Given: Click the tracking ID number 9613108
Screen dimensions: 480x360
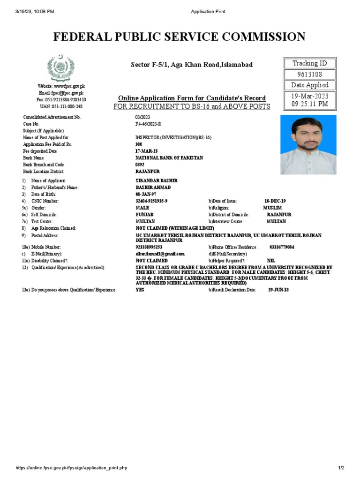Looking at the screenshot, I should tap(310, 75).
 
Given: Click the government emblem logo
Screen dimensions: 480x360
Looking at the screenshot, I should tap(60, 68).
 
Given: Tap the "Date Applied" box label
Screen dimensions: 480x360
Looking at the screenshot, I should tap(310, 85).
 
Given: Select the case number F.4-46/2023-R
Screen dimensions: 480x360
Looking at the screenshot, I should tap(148, 124).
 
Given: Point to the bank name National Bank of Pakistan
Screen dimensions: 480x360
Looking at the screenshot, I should tap(169, 158).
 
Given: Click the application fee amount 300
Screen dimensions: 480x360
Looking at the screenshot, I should tap(139, 144).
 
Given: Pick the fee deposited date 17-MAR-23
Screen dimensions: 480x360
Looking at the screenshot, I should tap(146, 151).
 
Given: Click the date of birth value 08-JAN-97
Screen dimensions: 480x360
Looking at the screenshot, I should tap(145, 194).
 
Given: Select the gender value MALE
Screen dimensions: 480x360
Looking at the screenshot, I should tap(142, 208).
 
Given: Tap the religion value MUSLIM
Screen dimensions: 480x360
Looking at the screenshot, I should tap(273, 208).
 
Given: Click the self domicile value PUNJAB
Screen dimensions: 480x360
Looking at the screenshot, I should tap(144, 215).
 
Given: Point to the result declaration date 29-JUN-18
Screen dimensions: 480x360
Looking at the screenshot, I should tap(278, 290).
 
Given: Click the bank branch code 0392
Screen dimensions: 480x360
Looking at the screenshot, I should tap(140, 165).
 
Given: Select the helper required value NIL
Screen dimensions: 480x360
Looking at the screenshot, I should tap(271, 261).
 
